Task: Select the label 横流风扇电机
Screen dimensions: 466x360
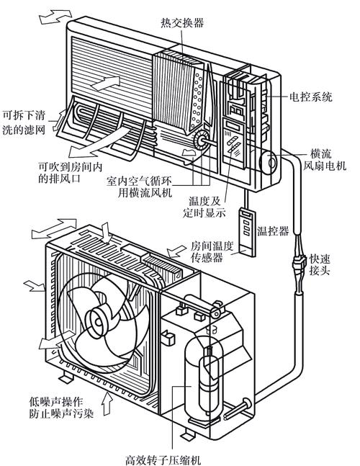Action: [x=328, y=159]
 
